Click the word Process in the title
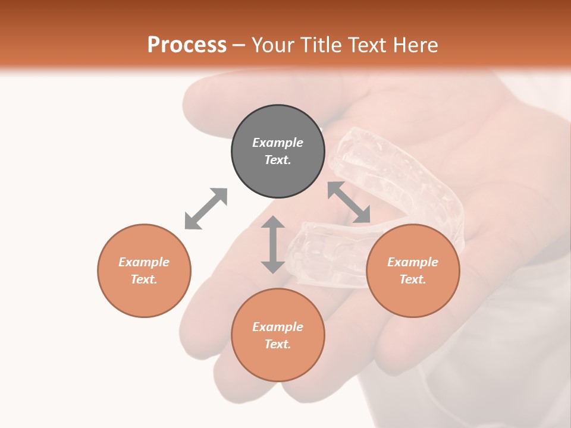pos(187,45)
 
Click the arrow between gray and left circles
pos(206,209)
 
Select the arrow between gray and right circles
pos(349,202)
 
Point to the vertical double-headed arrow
pos(273,244)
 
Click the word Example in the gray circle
pos(278,143)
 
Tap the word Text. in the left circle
pos(144,279)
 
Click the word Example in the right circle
pos(413,262)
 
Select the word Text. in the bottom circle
pos(278,344)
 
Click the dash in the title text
pos(239,46)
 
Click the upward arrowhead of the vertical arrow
pos(273,223)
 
